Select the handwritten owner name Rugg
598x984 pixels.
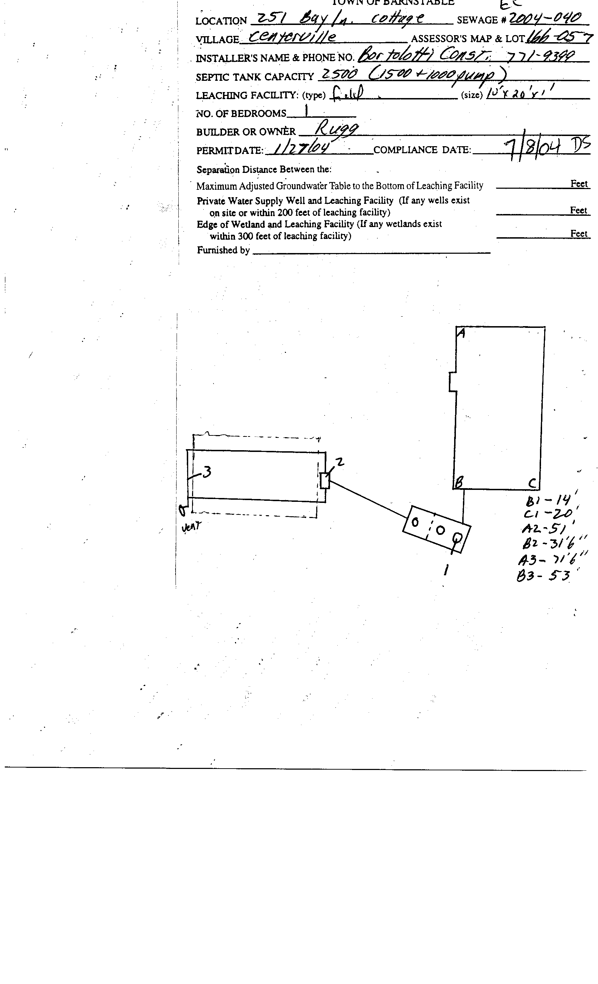337,129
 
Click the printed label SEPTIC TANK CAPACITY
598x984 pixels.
255,77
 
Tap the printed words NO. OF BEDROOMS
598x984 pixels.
241,114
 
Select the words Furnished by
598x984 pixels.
223,250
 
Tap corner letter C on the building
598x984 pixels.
533,484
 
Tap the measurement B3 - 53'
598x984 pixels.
547,576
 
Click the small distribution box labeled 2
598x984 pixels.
325,480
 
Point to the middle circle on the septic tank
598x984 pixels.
440,530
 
